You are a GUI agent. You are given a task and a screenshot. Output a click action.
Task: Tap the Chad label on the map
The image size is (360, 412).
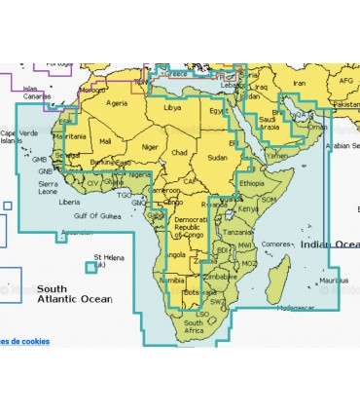click(x=179, y=153)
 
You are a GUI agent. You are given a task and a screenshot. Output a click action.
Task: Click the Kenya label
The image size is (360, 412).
click(x=249, y=208)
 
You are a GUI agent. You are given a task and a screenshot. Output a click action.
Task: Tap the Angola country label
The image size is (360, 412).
click(x=177, y=254)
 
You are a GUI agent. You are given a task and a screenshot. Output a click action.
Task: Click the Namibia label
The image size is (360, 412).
click(x=171, y=280)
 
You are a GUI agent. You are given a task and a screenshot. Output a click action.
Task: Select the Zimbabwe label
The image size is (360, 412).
click(x=218, y=276)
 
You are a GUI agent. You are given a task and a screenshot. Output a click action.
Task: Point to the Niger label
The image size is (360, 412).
click(x=149, y=147)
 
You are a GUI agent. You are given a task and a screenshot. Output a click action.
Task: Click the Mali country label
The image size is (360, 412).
click(x=105, y=141)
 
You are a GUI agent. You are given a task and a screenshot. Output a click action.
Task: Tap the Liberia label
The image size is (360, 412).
click(x=69, y=202)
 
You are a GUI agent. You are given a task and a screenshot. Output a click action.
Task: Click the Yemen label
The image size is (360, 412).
click(x=277, y=154)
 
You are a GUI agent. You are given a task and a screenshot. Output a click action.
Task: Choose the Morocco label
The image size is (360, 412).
click(x=92, y=90)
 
